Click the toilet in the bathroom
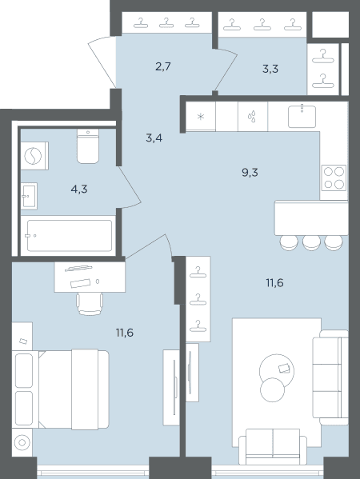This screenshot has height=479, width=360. click(88, 146)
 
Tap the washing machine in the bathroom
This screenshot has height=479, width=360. click(34, 156)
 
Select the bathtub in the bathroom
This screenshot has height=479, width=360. click(69, 235)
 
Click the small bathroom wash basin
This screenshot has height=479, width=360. click(30, 196)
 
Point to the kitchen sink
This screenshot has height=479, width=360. click(302, 116)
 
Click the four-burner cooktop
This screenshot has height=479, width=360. click(334, 178)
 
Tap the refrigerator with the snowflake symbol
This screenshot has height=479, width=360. click(201, 116)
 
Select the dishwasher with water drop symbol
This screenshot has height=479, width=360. click(253, 117)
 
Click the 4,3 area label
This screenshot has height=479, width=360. click(79, 190)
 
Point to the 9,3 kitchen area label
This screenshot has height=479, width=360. click(250, 173)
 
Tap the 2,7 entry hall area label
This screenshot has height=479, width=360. click(163, 66)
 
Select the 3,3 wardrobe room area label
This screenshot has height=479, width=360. click(270, 69)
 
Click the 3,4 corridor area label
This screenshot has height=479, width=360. click(154, 138)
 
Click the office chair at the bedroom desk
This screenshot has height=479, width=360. click(90, 304)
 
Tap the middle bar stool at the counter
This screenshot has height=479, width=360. click(311, 243)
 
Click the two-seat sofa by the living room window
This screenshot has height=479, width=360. click(273, 447)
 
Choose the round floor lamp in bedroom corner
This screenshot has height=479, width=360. click(22, 442)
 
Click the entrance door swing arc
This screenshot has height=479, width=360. click(101, 61)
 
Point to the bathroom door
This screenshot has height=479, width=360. click(130, 187)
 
